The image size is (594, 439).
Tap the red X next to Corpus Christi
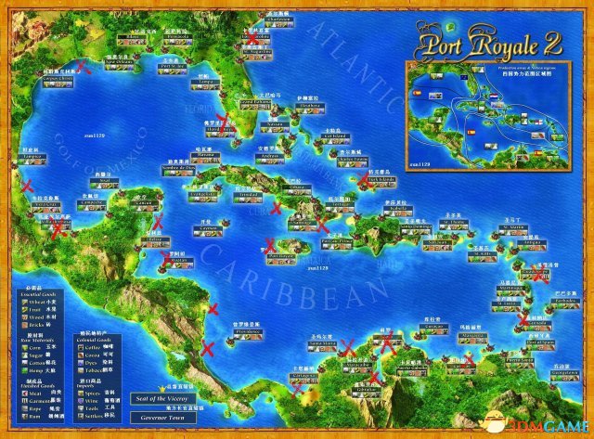[83, 67]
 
